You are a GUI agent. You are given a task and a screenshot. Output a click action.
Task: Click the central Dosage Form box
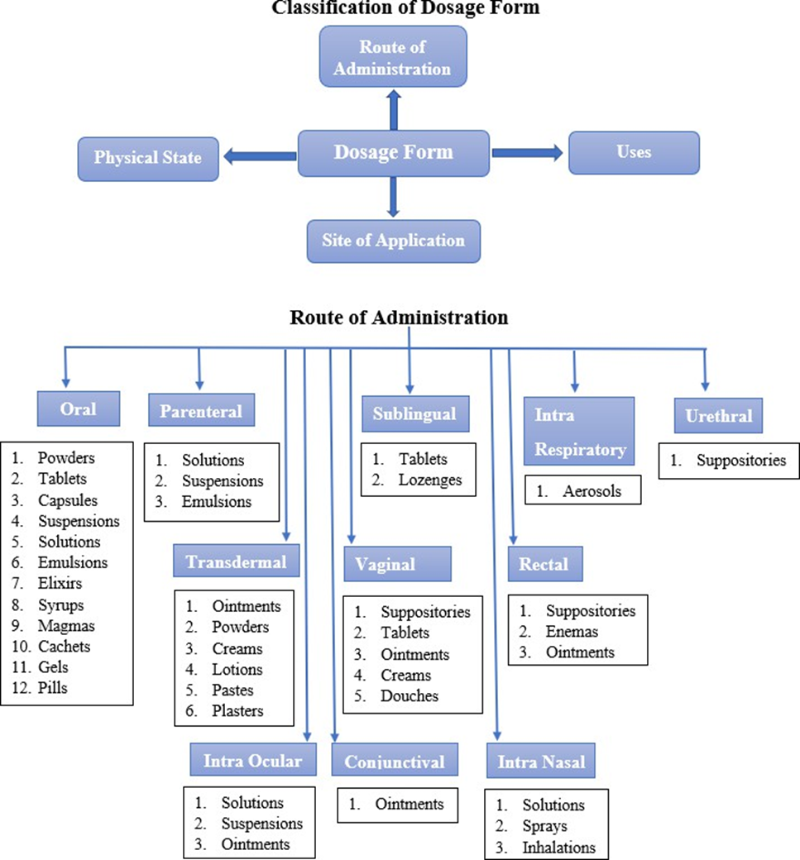pos(393,153)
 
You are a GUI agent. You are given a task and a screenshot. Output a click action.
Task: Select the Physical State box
pos(148,157)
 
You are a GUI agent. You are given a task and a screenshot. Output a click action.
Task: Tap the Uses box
pos(634,152)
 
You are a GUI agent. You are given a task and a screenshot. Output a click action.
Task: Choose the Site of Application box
pos(393,241)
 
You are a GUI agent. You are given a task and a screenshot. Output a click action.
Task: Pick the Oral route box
pos(79,408)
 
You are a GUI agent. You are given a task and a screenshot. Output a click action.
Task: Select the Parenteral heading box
pos(201,411)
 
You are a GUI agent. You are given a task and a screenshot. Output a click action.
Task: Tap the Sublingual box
pos(414,414)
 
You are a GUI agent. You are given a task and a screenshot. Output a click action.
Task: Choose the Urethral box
pos(718,416)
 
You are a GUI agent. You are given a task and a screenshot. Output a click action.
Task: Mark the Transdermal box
pos(236,562)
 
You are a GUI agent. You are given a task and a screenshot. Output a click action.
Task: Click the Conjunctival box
pos(395,762)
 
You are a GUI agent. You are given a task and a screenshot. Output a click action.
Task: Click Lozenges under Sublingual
pos(429,480)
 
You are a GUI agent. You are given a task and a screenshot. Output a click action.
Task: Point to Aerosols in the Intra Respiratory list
pos(591,490)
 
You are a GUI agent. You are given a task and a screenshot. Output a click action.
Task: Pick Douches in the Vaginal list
pos(410,695)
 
